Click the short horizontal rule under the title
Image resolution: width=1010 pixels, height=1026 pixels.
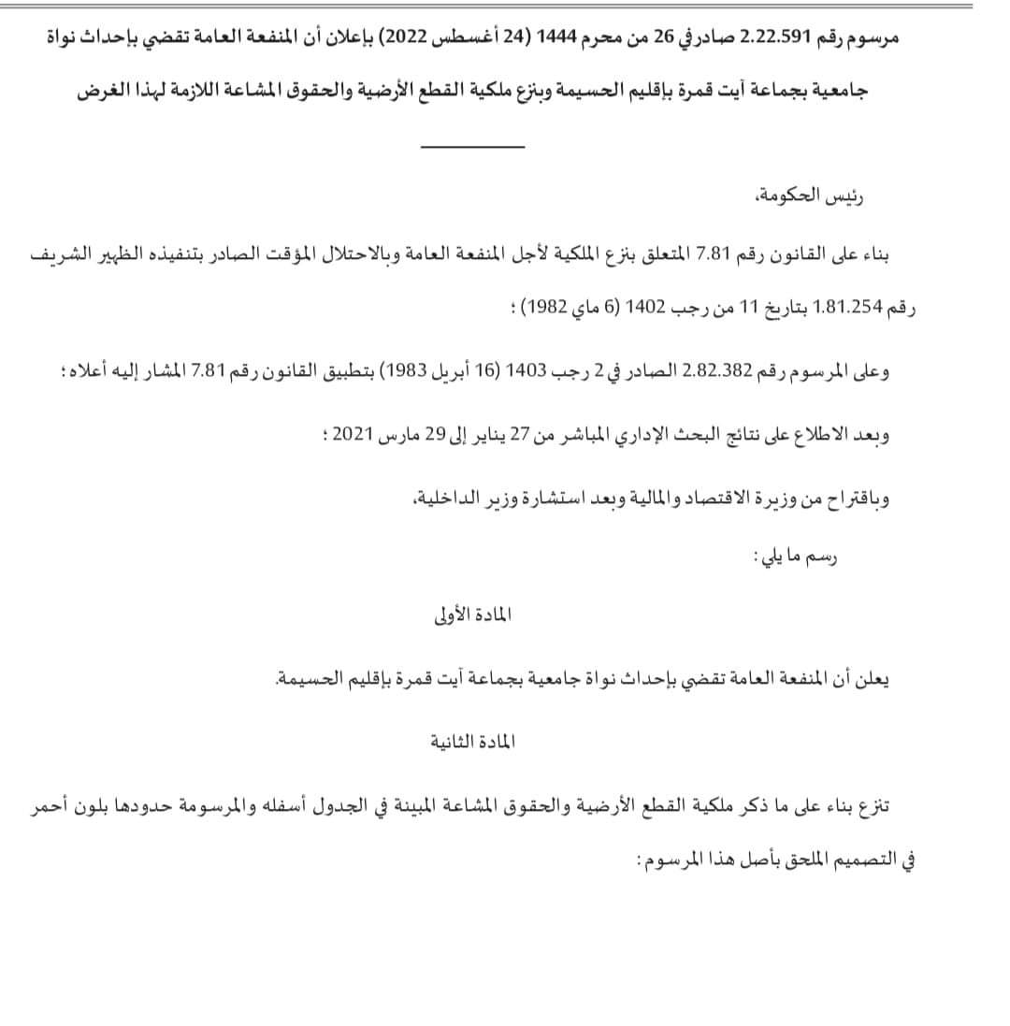point(472,147)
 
